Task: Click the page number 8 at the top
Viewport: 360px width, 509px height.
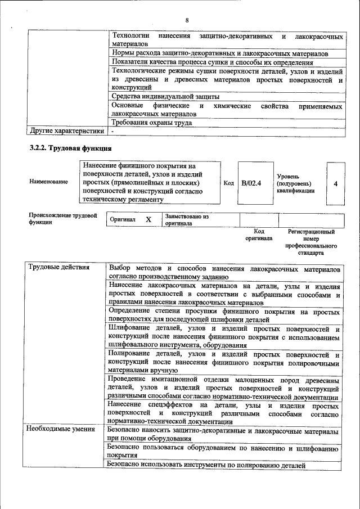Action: pyautogui.click(x=186, y=21)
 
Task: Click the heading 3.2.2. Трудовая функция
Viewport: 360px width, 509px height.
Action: pyautogui.click(x=71, y=148)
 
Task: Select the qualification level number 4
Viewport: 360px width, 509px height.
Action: pyautogui.click(x=335, y=183)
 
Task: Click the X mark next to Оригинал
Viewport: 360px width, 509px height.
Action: pyautogui.click(x=148, y=219)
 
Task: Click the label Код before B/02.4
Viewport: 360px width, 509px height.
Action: pyautogui.click(x=228, y=183)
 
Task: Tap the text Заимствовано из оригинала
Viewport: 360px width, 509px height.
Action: pyautogui.click(x=186, y=219)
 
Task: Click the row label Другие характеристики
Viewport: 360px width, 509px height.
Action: pyautogui.click(x=67, y=132)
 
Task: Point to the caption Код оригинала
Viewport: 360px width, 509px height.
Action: pyautogui.click(x=259, y=235)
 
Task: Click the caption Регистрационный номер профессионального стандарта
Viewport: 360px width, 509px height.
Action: pyautogui.click(x=311, y=242)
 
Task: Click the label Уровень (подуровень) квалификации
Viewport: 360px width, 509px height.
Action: pyautogui.click(x=292, y=183)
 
